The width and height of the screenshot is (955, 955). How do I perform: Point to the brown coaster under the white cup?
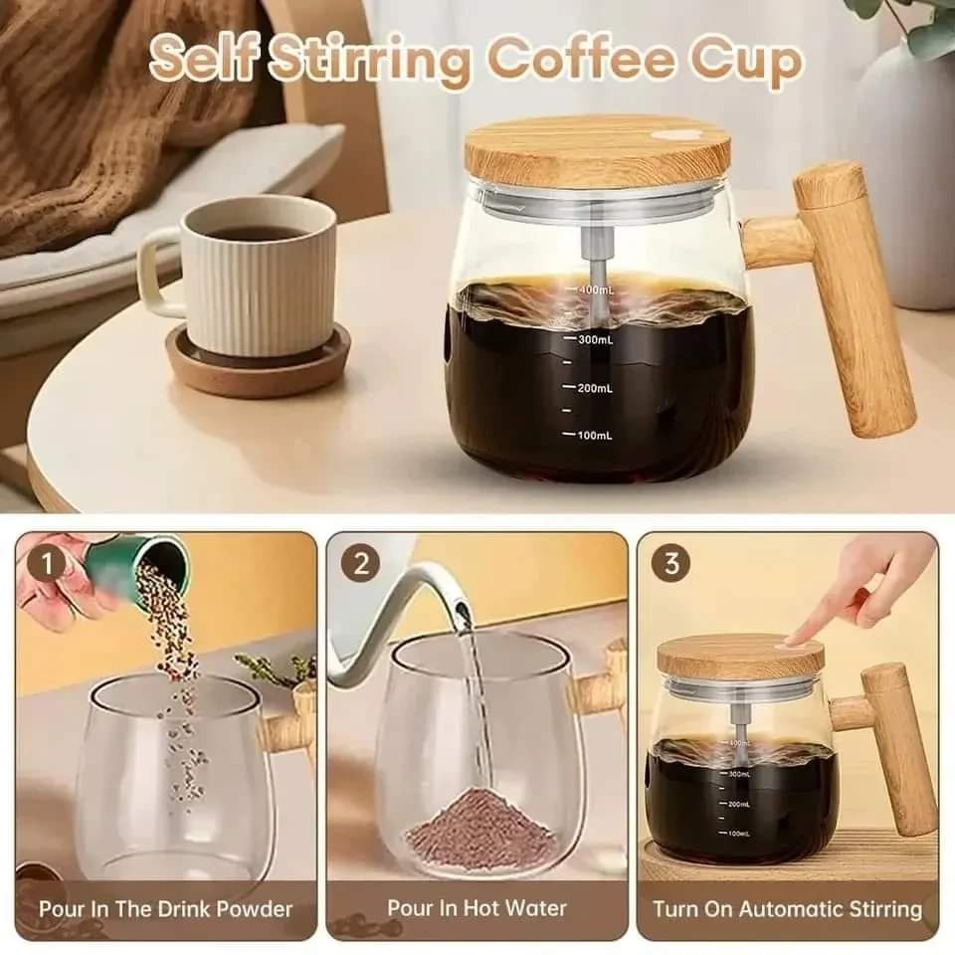point(259,364)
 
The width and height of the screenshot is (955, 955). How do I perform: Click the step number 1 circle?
point(47,564)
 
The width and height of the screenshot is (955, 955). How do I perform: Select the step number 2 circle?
point(361,564)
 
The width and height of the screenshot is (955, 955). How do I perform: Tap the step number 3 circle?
point(671,563)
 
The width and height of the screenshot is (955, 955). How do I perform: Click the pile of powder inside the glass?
point(481,824)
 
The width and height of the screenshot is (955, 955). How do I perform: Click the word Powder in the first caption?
point(255,910)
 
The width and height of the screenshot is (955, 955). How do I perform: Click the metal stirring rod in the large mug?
point(599,268)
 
